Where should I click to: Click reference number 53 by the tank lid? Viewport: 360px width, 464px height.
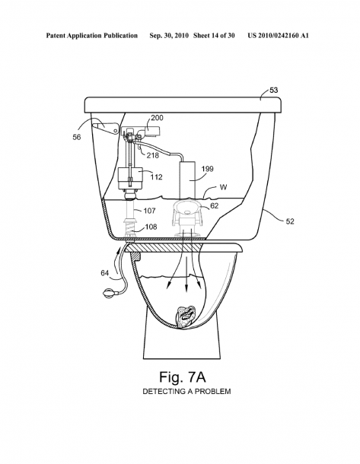coord(274,90)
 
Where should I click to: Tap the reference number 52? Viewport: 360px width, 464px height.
coord(290,221)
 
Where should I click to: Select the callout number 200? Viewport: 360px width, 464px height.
coord(157,117)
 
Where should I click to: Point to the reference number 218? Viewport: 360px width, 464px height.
coord(153,155)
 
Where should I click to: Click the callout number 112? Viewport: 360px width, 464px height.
coord(156,177)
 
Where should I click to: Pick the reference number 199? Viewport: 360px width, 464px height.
coord(208,169)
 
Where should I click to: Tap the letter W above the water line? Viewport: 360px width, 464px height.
coord(223,187)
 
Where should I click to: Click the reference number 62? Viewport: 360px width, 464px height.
coord(214,205)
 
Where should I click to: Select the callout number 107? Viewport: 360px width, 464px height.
coord(149,211)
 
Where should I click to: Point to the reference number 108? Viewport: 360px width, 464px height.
coord(151,227)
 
